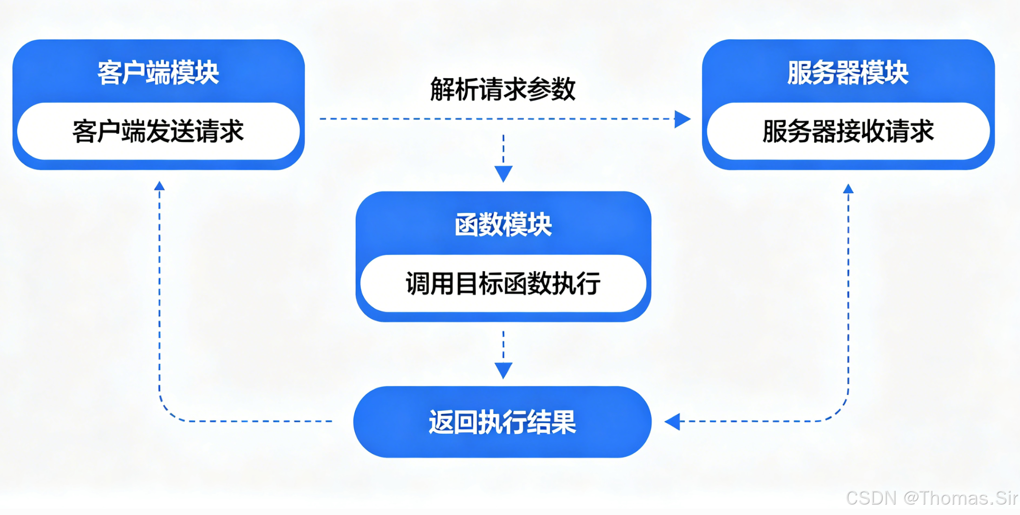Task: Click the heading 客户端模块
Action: click(158, 73)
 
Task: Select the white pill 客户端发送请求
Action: click(158, 131)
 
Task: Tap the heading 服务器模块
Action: click(848, 73)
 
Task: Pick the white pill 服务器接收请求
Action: click(848, 131)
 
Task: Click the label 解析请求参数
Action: click(503, 89)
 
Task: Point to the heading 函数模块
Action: click(503, 225)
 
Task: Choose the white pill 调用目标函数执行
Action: click(503, 284)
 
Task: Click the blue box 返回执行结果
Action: click(502, 422)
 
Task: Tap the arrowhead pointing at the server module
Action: click(682, 119)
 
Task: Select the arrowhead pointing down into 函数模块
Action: click(503, 173)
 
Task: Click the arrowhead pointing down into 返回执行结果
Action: click(503, 369)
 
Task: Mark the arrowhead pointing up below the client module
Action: click(160, 186)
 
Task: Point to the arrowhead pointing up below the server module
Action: click(849, 189)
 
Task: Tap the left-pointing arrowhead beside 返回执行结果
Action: click(672, 421)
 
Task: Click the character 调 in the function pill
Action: click(418, 284)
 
